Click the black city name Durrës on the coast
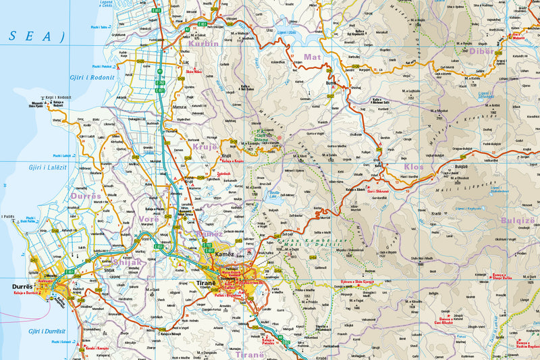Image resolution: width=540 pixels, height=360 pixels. click(x=22, y=286)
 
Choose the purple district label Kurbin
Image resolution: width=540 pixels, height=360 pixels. click(x=204, y=44)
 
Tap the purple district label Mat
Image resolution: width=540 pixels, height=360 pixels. click(x=312, y=57)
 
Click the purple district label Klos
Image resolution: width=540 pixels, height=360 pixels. click(x=414, y=165)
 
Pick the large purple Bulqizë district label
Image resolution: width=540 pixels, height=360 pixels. click(x=517, y=220)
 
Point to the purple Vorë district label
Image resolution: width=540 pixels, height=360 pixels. click(x=149, y=218)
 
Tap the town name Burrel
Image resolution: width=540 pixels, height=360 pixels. click(x=331, y=83)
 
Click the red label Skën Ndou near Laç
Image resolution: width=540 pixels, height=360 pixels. click(x=194, y=71)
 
